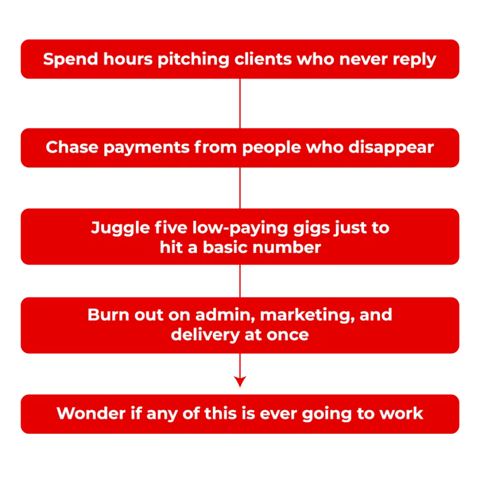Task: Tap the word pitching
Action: pos(193,60)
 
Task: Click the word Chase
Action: pos(72,147)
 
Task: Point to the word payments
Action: pos(147,148)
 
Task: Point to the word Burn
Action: pos(108,315)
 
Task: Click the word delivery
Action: pos(205,335)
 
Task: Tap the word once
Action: pos(287,335)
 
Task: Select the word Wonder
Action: pos(91,413)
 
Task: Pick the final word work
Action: pos(401,413)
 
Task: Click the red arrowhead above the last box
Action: pos(240,382)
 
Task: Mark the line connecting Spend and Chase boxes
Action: pos(240,104)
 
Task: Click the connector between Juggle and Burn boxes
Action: pos(240,281)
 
